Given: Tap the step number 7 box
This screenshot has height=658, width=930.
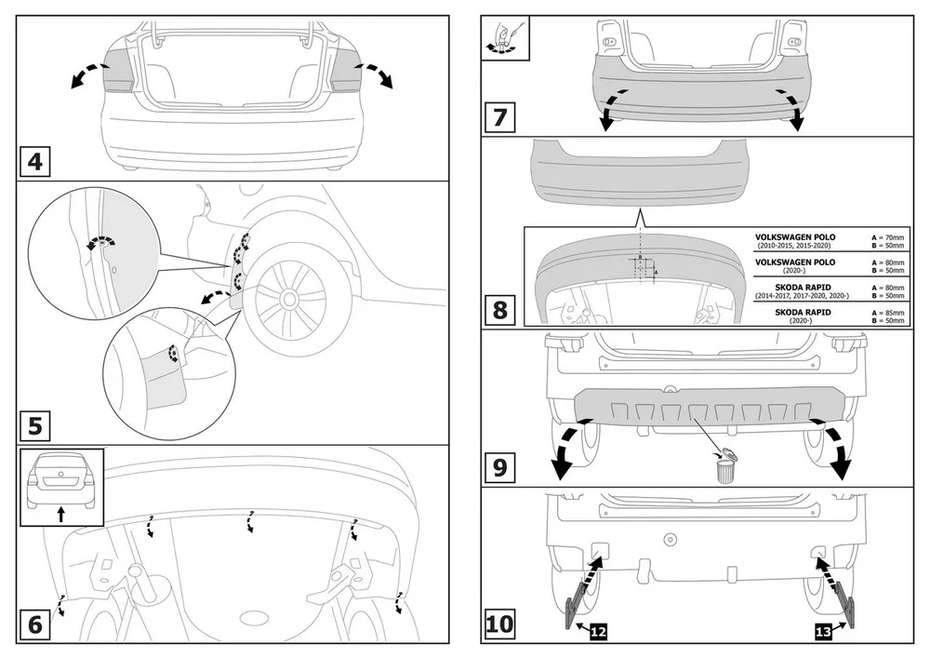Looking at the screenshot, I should point(499,119).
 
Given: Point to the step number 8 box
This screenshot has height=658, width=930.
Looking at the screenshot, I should point(499,308).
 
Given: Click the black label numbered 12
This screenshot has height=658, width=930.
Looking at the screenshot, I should point(598,632).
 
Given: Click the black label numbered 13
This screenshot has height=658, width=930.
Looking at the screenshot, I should point(822,632).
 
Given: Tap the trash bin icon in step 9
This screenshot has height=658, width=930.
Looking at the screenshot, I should point(725,466).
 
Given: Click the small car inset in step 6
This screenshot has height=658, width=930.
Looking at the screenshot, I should point(61,480).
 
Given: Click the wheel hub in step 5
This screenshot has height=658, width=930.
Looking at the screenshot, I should point(290,298).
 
